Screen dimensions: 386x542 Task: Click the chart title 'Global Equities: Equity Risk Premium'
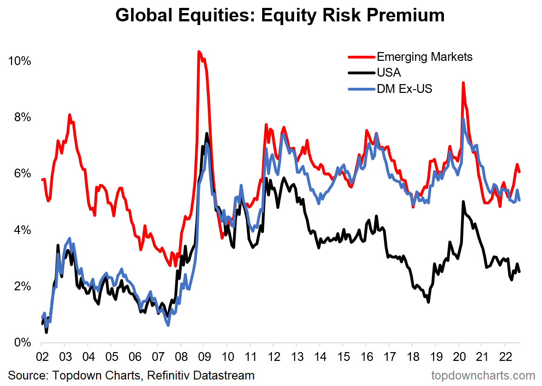pyautogui.click(x=280, y=15)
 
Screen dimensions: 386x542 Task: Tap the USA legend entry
pyautogui.click(x=389, y=72)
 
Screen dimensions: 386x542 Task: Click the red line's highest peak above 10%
pyautogui.click(x=199, y=52)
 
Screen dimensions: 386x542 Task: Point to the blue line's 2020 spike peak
pyautogui.click(x=463, y=119)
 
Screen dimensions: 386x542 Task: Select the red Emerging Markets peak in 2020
pyautogui.click(x=463, y=83)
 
